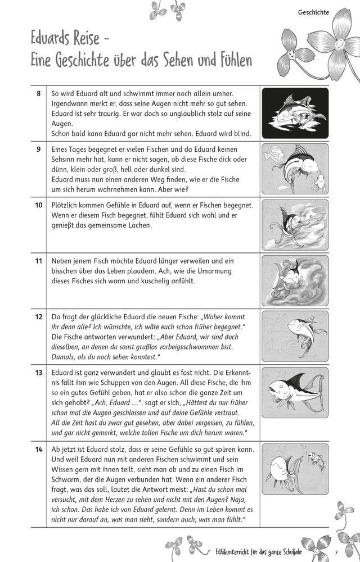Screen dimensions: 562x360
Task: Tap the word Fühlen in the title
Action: pos(228,60)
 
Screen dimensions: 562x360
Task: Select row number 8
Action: pos(38,94)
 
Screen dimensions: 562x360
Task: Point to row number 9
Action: pos(38,149)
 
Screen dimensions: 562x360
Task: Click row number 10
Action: pos(38,205)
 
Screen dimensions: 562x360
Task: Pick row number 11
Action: pos(38,261)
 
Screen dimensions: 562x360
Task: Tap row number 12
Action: pos(38,316)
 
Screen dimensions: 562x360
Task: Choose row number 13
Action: pos(38,373)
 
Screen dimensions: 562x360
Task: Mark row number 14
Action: pos(38,449)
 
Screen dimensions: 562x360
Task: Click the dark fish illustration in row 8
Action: pos(295,114)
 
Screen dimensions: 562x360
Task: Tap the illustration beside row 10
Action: pos(295,225)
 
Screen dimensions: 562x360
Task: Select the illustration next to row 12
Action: pos(295,336)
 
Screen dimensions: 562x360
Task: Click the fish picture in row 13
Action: pos(295,392)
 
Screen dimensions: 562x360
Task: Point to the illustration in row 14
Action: pos(295,469)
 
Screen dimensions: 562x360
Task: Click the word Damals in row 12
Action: pos(64,357)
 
